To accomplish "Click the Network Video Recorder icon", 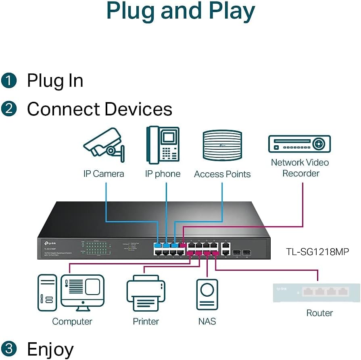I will (x=299, y=144).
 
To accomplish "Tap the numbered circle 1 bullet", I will (x=9, y=80).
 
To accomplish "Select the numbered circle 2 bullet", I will (x=9, y=109).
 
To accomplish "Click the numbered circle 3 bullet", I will (x=9, y=349).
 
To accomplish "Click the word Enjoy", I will (x=50, y=349).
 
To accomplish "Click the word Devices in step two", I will (x=138, y=109).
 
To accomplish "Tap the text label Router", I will (x=319, y=313).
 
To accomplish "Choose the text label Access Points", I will (x=222, y=174).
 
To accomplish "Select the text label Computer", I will (x=72, y=322).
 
